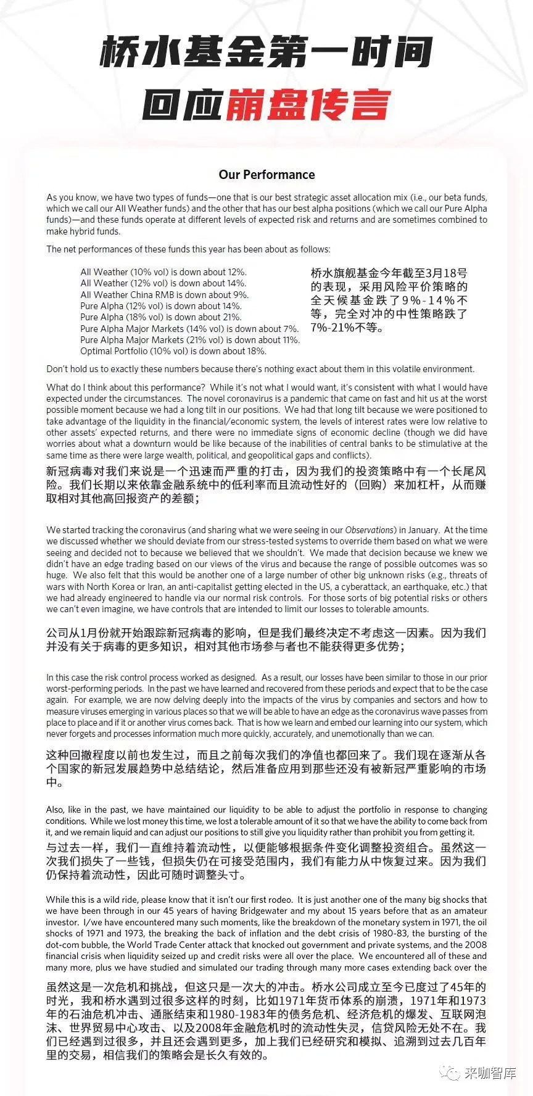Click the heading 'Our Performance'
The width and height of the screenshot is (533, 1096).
pyautogui.click(x=266, y=175)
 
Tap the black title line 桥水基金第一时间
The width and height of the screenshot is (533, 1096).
pyautogui.click(x=266, y=52)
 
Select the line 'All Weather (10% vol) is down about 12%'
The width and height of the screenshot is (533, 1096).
pyautogui.click(x=163, y=272)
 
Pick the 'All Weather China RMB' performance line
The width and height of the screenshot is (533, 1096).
pyautogui.click(x=165, y=295)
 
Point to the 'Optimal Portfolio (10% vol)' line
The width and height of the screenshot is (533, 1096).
pyautogui.click(x=173, y=351)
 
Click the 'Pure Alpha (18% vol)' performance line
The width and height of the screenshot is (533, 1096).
pyautogui.click(x=161, y=317)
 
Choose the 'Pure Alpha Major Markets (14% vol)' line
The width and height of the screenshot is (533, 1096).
pyautogui.click(x=189, y=329)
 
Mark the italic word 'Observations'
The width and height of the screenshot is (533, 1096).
pyautogui.click(x=369, y=530)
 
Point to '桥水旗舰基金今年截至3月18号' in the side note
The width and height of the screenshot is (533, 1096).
pyautogui.click(x=389, y=273)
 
